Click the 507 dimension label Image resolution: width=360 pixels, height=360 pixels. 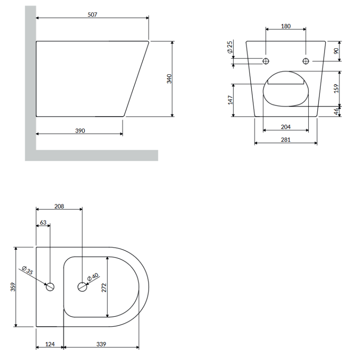[92, 15]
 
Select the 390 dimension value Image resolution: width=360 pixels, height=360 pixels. [80, 131]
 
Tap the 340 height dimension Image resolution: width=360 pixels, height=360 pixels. [169, 79]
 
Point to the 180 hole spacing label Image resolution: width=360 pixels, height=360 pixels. [286, 27]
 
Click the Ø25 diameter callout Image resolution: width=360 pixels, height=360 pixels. [230, 47]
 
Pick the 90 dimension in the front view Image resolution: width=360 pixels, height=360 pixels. [336, 51]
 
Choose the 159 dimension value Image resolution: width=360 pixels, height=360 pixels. [336, 89]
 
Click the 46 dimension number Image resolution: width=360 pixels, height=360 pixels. [336, 111]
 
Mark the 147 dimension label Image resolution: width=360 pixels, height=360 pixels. [230, 100]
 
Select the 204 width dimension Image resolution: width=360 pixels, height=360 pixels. [286, 127]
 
